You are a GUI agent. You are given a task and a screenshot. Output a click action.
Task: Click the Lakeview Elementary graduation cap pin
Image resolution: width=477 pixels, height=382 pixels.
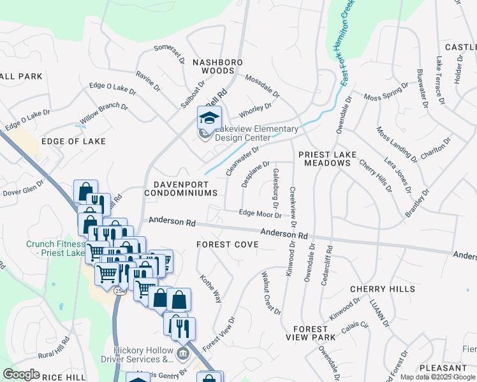[x=209, y=118]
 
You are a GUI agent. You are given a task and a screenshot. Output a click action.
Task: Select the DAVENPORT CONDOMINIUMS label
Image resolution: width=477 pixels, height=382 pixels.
[x=181, y=187]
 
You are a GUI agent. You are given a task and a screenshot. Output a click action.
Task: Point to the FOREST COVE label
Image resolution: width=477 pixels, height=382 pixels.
[x=227, y=244]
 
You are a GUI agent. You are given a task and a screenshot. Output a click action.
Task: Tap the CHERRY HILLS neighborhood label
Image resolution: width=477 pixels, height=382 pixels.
[x=383, y=289]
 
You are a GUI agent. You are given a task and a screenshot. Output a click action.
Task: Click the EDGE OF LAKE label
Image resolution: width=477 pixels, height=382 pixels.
[x=73, y=141]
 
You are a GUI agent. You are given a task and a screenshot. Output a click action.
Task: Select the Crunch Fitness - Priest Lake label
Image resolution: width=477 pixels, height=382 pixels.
[x=56, y=248]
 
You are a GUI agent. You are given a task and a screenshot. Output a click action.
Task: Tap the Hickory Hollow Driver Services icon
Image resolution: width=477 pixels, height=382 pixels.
[x=182, y=353]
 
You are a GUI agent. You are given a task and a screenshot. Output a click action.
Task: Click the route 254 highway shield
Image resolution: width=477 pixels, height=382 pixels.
[x=119, y=290]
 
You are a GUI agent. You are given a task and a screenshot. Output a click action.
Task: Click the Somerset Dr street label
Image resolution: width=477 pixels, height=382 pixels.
[x=169, y=53]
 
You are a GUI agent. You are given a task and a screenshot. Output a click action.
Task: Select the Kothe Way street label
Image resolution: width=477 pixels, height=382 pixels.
[x=210, y=288]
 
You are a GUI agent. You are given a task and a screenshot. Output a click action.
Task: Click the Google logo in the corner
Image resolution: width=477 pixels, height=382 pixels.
[x=21, y=374]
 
